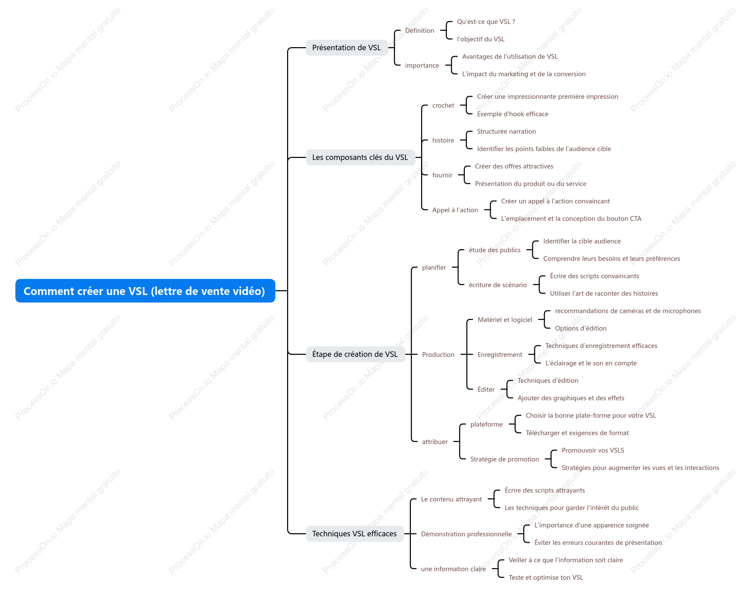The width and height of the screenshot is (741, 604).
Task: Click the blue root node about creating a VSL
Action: [145, 291]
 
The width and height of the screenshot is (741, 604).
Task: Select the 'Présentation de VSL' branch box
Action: [347, 47]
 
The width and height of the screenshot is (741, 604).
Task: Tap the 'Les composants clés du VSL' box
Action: [360, 157]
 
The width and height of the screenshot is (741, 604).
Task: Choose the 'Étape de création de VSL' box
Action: [355, 354]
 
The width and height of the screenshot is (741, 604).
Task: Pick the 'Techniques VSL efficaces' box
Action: [354, 534]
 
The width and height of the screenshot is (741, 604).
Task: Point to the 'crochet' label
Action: [443, 105]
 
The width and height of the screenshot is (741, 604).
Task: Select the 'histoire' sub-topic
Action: [443, 140]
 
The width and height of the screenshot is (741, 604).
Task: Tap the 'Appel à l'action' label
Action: [455, 210]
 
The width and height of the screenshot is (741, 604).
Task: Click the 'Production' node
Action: [438, 354]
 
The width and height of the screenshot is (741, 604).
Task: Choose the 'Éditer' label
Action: [486, 389]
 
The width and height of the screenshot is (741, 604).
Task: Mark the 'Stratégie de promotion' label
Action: [504, 459]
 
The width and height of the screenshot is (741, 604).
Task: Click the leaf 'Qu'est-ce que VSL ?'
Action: [486, 22]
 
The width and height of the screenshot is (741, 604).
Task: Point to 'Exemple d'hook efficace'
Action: [512, 114]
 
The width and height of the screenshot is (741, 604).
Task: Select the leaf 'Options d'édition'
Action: [580, 328]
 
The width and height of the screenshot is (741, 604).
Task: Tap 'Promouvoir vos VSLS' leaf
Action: [592, 450]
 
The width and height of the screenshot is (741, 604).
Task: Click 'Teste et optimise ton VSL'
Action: [545, 578]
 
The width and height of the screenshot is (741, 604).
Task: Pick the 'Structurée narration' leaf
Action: [506, 132]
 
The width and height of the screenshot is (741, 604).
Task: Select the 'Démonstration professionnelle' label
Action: [466, 534]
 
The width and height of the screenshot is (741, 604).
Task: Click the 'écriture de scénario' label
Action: [498, 285]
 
